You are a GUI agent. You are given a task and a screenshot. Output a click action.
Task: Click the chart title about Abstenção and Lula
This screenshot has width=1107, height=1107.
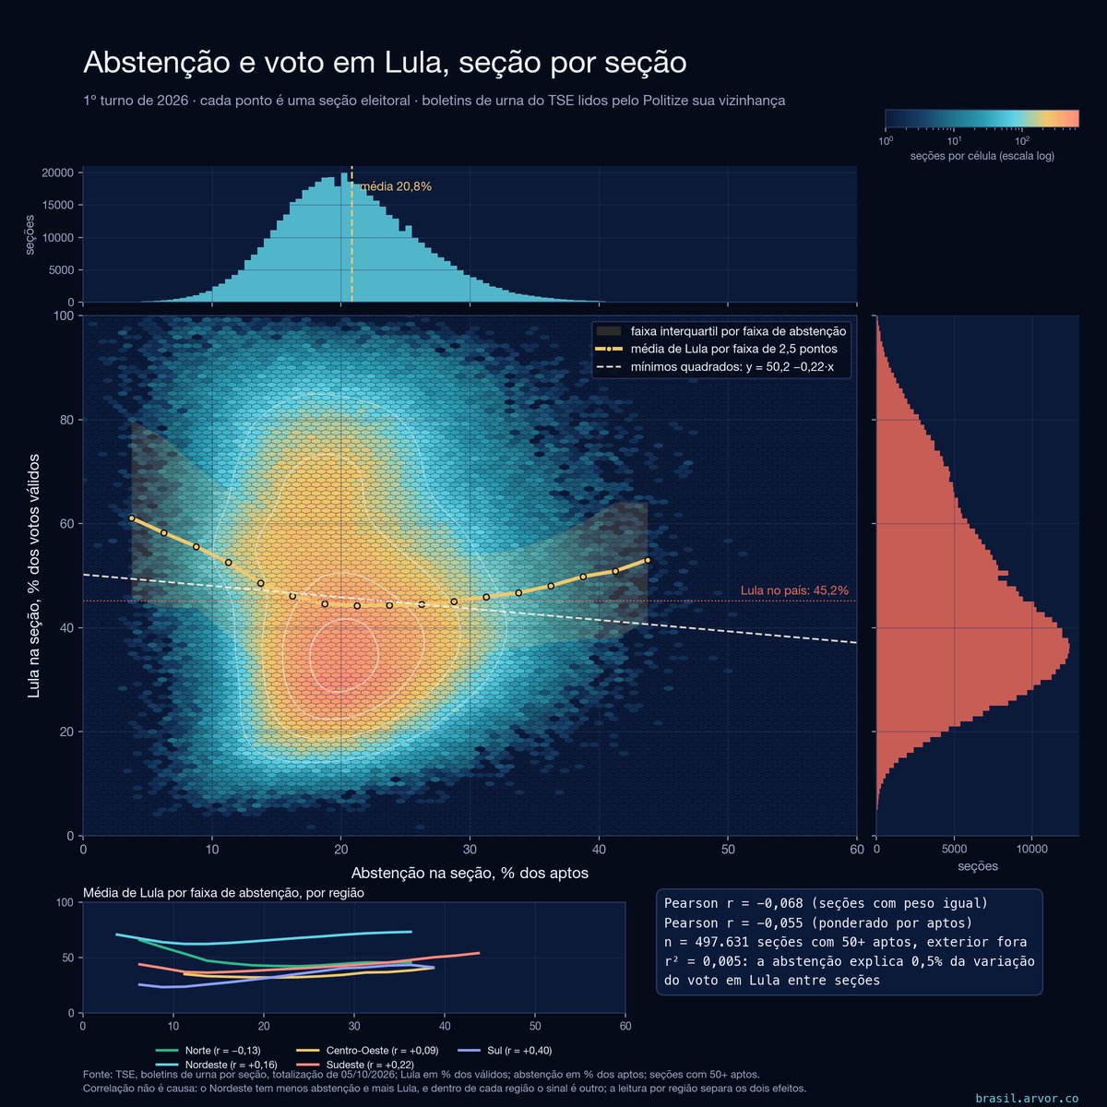coord(385,63)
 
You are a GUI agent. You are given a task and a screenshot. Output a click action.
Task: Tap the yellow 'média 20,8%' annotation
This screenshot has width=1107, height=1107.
coord(396,186)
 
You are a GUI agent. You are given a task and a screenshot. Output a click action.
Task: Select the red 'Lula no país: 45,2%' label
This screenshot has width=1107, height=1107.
coord(794,590)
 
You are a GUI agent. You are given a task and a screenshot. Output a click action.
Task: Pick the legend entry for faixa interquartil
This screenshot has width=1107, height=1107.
coord(721,331)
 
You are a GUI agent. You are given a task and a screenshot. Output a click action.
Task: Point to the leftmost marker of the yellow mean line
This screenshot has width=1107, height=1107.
coord(132,518)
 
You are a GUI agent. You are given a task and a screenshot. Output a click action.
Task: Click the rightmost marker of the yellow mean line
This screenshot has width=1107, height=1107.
coord(648,560)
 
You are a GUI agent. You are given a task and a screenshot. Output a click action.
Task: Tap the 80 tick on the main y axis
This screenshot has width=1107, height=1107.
coord(66,420)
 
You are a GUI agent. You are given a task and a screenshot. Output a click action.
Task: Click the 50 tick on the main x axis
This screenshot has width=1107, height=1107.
coord(728,849)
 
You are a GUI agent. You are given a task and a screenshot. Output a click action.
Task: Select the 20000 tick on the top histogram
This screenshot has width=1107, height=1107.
coord(57,173)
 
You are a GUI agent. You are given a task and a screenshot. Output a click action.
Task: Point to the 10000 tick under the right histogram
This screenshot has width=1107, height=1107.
coord(1031,849)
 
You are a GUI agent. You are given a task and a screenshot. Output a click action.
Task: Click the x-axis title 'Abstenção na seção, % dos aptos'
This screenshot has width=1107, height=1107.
coord(470,874)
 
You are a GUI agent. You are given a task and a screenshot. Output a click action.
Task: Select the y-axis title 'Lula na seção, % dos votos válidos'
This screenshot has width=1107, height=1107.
coord(34,576)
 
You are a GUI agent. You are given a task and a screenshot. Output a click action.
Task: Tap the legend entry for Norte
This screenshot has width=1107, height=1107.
coord(208,1050)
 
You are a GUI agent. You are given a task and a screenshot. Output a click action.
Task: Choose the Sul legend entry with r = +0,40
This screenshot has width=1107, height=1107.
coord(505,1050)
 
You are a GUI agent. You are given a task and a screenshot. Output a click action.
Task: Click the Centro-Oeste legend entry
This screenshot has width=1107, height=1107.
coord(367,1050)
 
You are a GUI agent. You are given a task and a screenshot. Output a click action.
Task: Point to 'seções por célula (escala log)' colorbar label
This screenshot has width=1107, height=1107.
coord(982,156)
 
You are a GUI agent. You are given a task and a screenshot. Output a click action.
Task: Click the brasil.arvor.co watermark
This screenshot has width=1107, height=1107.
coord(1027,1098)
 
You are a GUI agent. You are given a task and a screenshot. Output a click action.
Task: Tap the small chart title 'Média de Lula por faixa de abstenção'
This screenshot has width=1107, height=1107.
coord(223,893)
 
